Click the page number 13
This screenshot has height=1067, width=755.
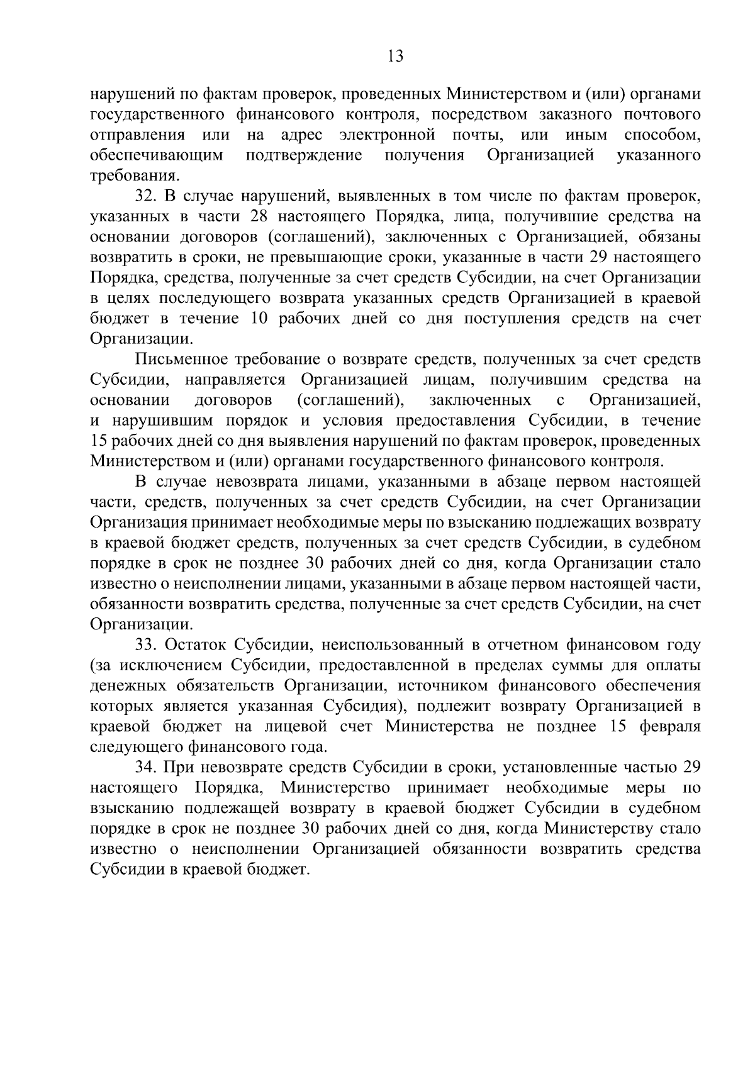(396, 57)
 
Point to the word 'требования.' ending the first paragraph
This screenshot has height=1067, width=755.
(131, 175)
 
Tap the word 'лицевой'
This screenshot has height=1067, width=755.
(300, 726)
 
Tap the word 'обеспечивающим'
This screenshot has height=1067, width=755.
(157, 155)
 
